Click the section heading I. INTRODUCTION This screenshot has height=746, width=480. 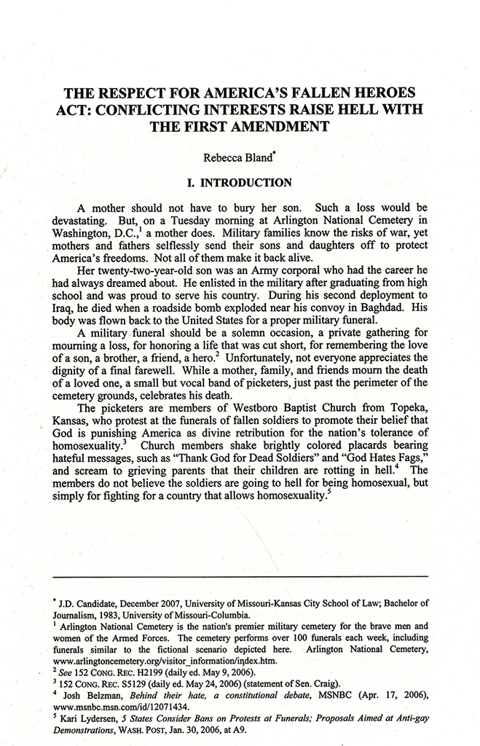click(x=240, y=181)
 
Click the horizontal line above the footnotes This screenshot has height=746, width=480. click(x=240, y=577)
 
